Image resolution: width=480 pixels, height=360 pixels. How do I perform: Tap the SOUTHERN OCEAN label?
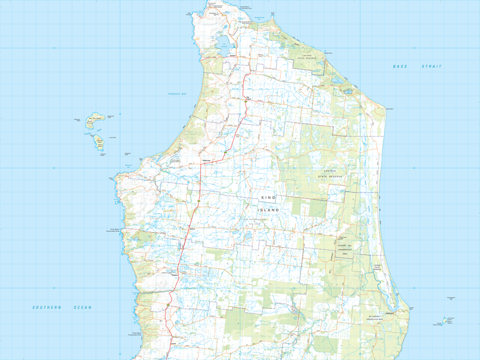click(x=62, y=308)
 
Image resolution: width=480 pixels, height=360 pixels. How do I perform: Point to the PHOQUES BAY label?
click(x=179, y=95)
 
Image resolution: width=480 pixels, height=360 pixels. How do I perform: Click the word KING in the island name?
click(x=266, y=198)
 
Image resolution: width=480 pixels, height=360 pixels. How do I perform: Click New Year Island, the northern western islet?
click(x=94, y=119)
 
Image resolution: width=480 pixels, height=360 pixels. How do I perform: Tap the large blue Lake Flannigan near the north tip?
click(x=221, y=43)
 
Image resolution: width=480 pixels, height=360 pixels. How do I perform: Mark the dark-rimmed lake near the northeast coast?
click(x=347, y=92)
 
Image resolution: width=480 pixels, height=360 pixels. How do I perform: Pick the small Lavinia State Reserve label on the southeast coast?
click(x=377, y=267)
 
